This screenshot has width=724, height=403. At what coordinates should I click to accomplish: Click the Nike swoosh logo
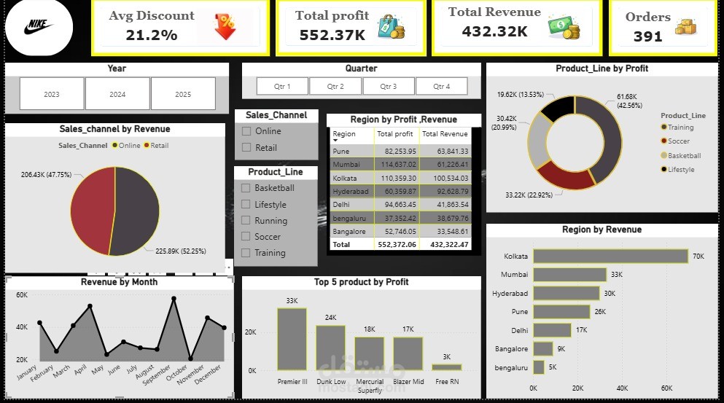tap(39, 27)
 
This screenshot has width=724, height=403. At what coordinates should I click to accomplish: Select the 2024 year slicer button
tap(117, 94)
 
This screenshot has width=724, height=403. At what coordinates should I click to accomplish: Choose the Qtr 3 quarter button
tap(389, 86)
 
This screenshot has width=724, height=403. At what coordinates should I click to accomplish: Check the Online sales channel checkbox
tap(246, 131)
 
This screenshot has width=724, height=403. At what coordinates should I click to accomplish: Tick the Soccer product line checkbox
tap(246, 236)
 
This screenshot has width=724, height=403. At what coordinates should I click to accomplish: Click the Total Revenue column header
tap(445, 134)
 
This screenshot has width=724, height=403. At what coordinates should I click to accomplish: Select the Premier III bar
tap(292, 340)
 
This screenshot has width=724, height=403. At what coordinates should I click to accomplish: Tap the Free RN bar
tap(446, 367)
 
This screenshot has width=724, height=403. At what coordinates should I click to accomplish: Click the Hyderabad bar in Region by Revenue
tap(566, 293)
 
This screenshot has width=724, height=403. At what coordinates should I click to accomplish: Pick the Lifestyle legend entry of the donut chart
tap(677, 169)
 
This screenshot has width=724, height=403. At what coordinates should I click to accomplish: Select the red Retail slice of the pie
tap(91, 210)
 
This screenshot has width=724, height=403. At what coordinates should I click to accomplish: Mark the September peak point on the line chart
tap(174, 299)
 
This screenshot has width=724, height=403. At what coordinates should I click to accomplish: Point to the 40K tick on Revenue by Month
tap(22, 326)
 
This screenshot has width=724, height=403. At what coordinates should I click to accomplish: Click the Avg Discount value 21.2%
tap(152, 35)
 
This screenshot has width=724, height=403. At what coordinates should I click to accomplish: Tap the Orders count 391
tap(647, 36)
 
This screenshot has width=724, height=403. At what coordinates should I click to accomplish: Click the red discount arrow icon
tap(225, 26)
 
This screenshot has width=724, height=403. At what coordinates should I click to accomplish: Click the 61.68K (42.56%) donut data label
tap(629, 101)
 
